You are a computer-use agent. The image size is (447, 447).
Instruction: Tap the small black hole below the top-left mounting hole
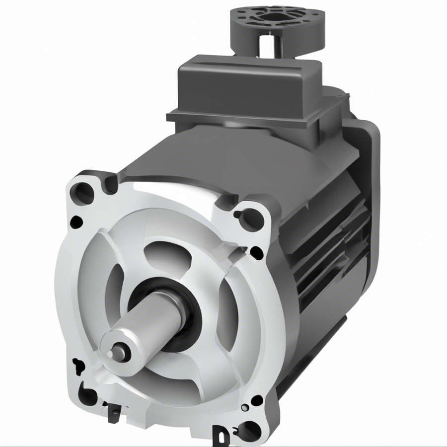(75, 222)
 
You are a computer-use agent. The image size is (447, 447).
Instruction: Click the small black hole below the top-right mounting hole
(256, 253)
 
